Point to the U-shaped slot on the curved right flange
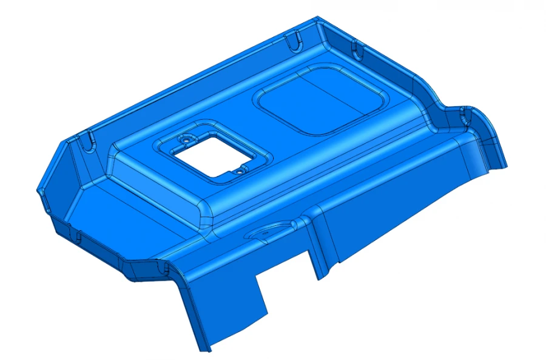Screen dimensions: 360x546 (x=466, y=112)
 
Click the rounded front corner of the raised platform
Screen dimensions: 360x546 (x=206, y=216)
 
